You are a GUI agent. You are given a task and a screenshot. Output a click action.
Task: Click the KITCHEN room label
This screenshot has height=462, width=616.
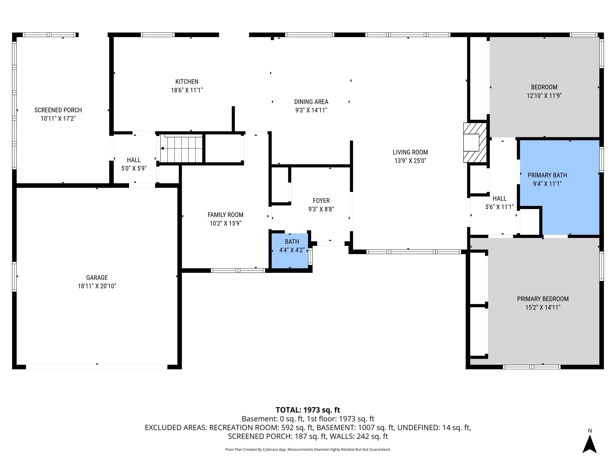pyautogui.click(x=187, y=82)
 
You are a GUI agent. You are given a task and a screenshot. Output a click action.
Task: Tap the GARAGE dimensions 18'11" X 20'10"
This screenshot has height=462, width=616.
pyautogui.click(x=97, y=286)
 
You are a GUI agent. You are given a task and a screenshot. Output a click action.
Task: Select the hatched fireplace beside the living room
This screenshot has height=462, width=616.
pyautogui.click(x=475, y=142)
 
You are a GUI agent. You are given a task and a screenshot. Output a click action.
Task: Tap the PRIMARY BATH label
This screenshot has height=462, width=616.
pyautogui.click(x=547, y=175)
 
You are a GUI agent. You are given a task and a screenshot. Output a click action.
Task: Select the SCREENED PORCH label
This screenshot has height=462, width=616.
pyautogui.click(x=58, y=110)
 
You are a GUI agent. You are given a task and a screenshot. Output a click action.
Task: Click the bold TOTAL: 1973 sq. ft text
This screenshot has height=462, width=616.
pyautogui.click(x=308, y=410)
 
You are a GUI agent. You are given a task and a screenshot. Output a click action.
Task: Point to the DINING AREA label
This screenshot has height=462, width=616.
pyautogui.click(x=311, y=102)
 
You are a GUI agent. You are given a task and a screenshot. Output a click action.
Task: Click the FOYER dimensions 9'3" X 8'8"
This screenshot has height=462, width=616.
pyautogui.click(x=321, y=209)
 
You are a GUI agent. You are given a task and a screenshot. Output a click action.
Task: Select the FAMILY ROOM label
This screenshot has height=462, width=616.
pyautogui.click(x=225, y=215)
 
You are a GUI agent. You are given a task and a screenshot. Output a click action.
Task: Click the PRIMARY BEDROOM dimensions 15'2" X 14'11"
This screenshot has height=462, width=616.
pyautogui.click(x=543, y=307)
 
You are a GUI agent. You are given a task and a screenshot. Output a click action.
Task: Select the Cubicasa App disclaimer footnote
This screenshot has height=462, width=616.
pyautogui.click(x=308, y=449)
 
